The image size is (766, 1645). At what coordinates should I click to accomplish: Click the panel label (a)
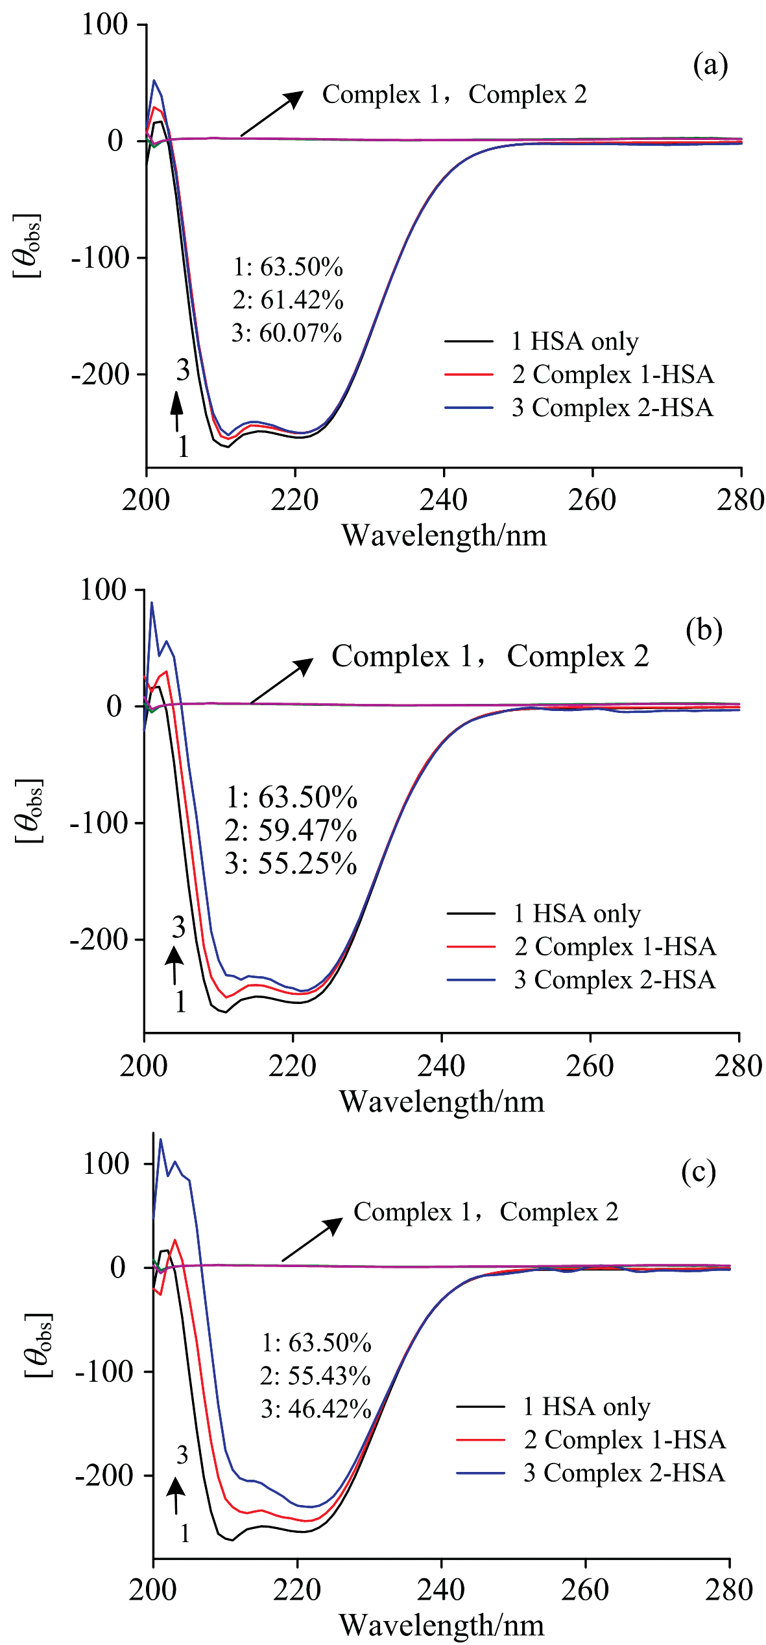click(x=711, y=65)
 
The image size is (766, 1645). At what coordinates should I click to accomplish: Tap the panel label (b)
click(x=704, y=630)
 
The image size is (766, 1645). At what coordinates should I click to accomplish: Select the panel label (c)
click(x=699, y=1172)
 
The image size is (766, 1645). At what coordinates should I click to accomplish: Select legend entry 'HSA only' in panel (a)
click(x=575, y=341)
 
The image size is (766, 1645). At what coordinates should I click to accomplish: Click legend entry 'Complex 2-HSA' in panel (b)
click(x=614, y=980)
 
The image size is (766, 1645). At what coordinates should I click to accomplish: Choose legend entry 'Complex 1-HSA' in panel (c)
click(x=624, y=1440)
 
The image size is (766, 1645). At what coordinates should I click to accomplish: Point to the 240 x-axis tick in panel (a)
click(x=444, y=500)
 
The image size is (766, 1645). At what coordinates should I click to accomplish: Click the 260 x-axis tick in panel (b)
click(x=590, y=1066)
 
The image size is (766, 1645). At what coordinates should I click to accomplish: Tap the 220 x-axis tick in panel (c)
click(x=298, y=1590)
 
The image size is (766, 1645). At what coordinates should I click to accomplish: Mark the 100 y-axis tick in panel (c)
click(x=106, y=1164)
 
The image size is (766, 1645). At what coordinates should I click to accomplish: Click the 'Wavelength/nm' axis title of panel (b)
click(x=442, y=1102)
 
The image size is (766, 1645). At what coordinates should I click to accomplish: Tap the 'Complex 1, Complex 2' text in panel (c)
click(x=486, y=1211)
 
